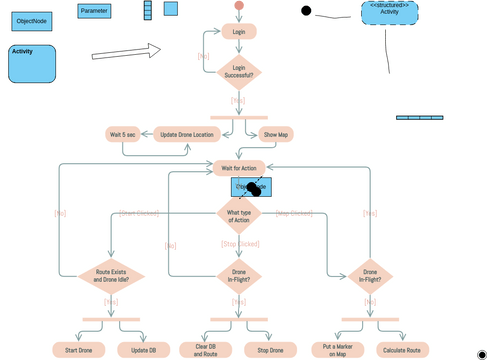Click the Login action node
238,32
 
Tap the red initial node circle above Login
238,6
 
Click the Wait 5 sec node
122,134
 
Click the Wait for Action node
239,167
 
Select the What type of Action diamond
239,214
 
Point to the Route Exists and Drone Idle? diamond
112,276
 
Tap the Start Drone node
78,350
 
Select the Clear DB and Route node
205,350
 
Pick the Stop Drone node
269,350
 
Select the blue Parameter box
95,11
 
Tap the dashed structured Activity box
390,12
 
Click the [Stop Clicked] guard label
240,244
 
